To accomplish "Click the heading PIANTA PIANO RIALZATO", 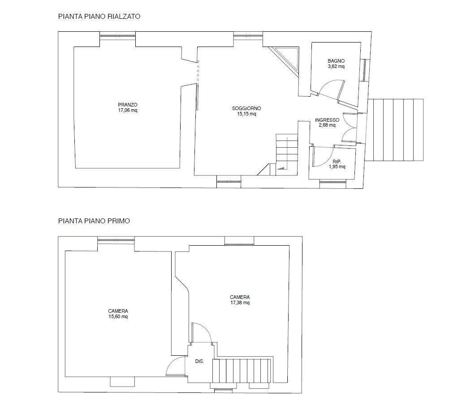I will (x=99, y=17).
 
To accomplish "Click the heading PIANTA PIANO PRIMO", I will (x=94, y=221).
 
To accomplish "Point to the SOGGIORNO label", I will (x=246, y=108).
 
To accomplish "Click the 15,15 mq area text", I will (x=246, y=114).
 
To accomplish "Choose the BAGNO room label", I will (x=336, y=61).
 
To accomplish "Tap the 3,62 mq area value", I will (x=336, y=67).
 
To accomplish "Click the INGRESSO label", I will (x=327, y=120).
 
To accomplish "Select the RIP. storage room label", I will (x=337, y=162).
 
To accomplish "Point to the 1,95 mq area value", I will (x=337, y=167).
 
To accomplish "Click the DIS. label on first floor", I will (x=200, y=361).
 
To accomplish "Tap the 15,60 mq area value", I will (x=118, y=317).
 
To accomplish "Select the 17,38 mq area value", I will (x=240, y=303).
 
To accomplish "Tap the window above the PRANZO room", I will (x=117, y=36).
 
